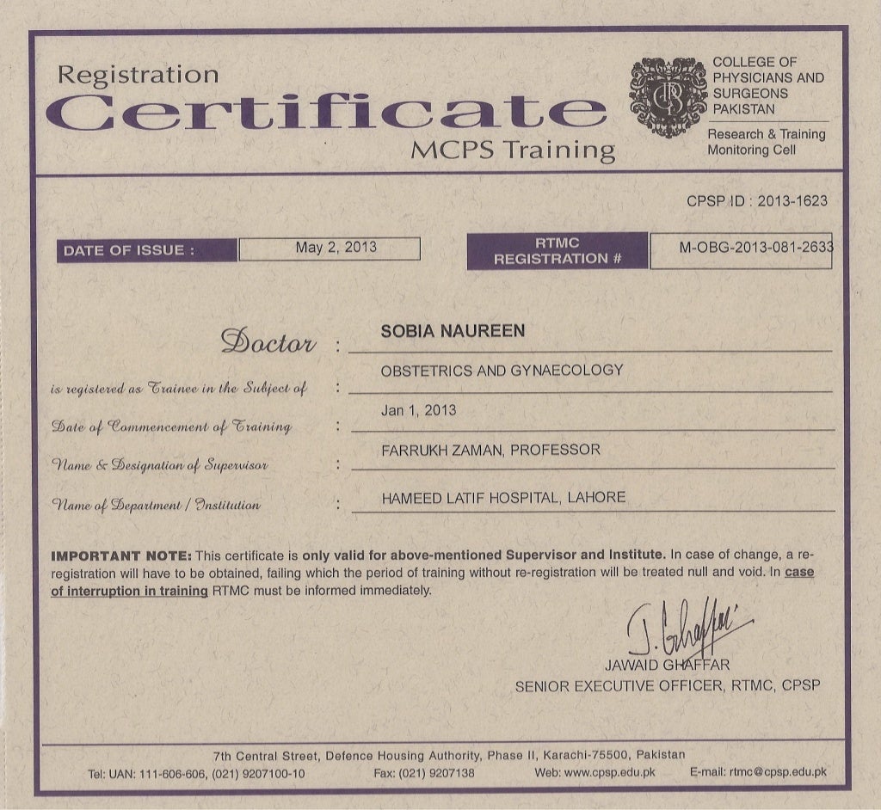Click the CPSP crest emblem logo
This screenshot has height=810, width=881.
[x=668, y=98]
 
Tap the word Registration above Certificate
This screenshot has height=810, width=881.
[x=139, y=75]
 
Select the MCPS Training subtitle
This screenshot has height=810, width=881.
[x=513, y=150]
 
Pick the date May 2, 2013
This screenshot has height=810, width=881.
[x=336, y=248]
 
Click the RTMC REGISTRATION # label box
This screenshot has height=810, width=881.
[x=558, y=251]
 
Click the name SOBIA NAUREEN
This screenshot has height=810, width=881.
[x=453, y=332]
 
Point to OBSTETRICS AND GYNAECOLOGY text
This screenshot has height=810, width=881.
[x=502, y=371]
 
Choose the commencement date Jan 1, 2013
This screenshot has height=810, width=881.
[x=418, y=410]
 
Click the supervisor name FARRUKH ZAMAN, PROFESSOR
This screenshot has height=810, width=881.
[x=490, y=450]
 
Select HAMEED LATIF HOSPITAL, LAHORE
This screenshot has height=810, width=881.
[x=503, y=498]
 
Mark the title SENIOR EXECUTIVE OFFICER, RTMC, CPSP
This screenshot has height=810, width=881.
[x=667, y=686]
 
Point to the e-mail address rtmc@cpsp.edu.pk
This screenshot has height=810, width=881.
[x=778, y=772]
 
